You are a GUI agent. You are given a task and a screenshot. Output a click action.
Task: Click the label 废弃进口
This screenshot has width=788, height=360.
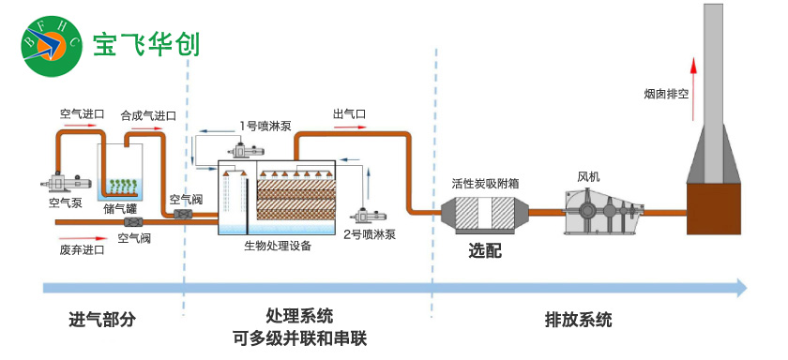pyautogui.click(x=82, y=250)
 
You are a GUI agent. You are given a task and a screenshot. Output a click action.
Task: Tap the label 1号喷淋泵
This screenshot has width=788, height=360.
pyautogui.click(x=266, y=125)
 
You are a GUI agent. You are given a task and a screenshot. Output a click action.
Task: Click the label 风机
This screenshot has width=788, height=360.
pyautogui.click(x=588, y=175)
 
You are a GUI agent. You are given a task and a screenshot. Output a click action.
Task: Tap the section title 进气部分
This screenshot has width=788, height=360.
pyautogui.click(x=102, y=319)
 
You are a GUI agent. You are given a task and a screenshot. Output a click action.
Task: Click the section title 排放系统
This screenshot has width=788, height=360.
pyautogui.click(x=578, y=319)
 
